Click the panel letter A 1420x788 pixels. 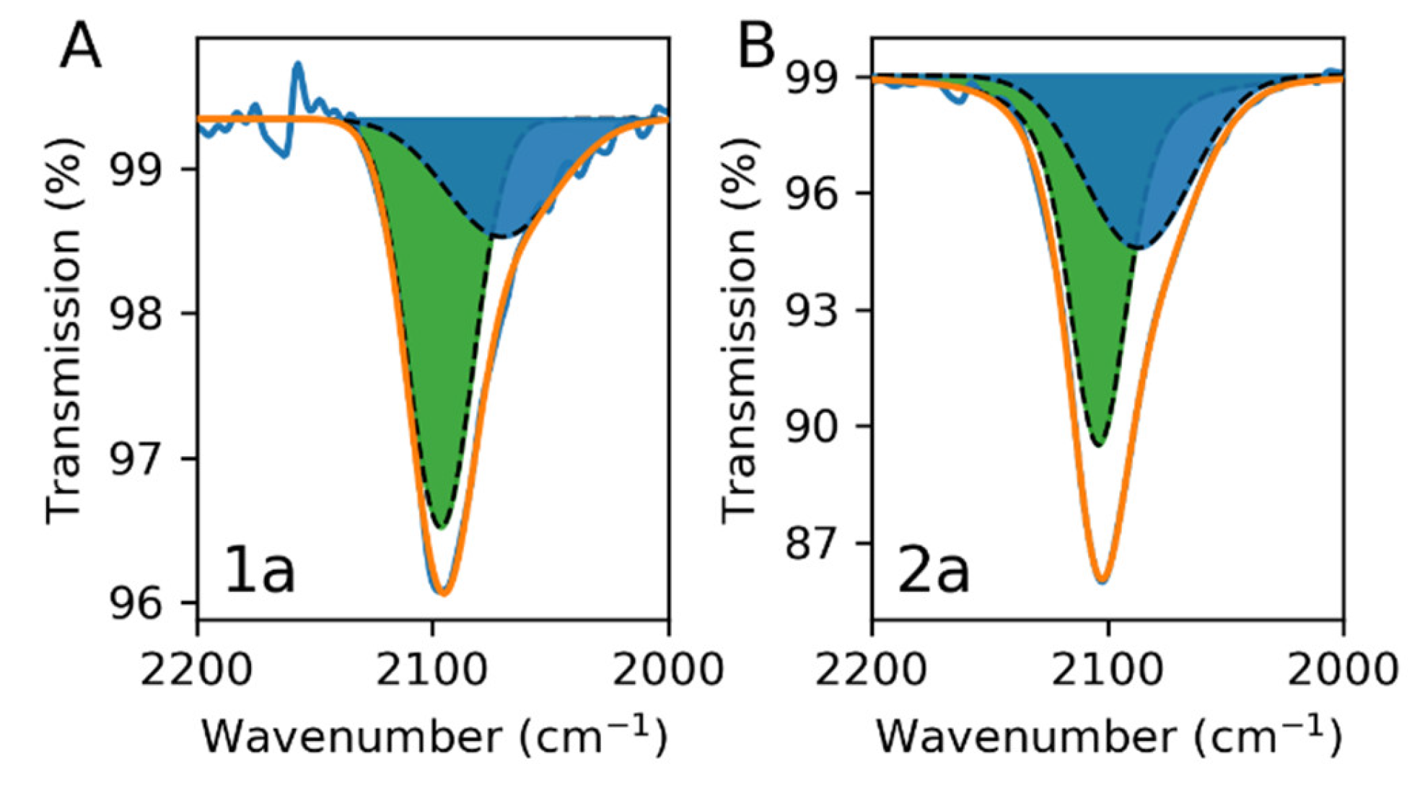tap(80, 45)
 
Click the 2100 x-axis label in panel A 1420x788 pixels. tap(432, 669)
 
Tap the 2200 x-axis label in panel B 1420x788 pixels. tap(871, 669)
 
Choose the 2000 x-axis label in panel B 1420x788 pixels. tap(1343, 669)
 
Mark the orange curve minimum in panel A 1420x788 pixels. tap(443, 592)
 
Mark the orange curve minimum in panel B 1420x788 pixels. tap(1102, 579)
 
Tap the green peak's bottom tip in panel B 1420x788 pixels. tap(1098, 444)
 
